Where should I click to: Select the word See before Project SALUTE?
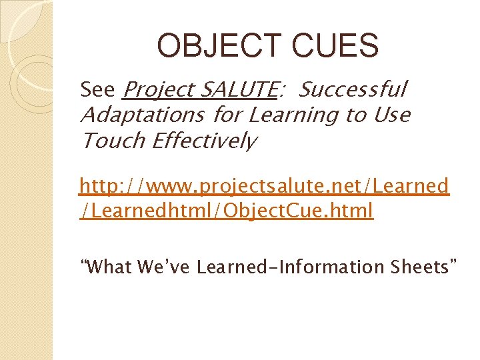click(x=97, y=89)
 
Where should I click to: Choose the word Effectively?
click(x=203, y=141)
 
